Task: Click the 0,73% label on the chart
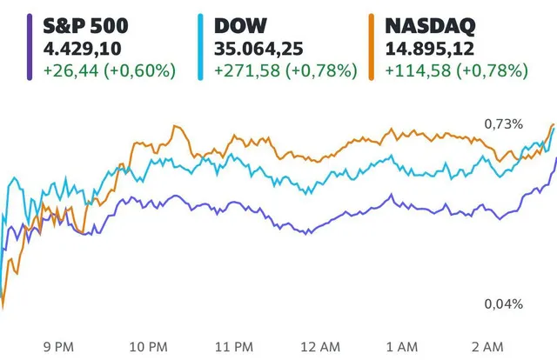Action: point(505,123)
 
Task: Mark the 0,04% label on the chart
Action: point(505,303)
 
